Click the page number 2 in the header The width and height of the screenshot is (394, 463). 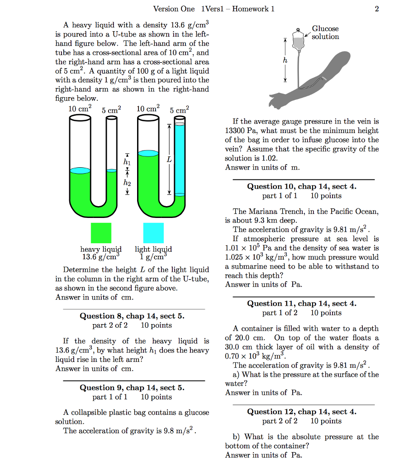377,9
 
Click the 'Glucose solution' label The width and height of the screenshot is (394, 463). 325,33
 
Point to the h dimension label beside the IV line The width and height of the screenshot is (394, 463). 285,61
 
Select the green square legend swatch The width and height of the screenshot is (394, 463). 101,233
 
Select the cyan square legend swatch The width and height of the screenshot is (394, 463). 153,233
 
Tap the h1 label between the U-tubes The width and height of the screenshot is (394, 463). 127,162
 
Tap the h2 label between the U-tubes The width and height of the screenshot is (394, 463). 127,183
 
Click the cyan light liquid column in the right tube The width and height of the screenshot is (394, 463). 180,158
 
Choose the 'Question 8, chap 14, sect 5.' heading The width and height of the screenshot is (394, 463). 132,316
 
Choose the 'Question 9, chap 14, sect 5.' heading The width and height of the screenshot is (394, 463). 132,387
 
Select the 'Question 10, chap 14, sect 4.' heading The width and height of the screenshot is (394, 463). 302,186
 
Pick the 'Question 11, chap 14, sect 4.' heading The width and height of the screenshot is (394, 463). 302,303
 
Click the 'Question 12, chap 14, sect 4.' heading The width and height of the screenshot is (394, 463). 302,411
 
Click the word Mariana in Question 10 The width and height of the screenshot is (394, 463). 262,211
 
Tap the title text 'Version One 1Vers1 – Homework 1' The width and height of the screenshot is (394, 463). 214,9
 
